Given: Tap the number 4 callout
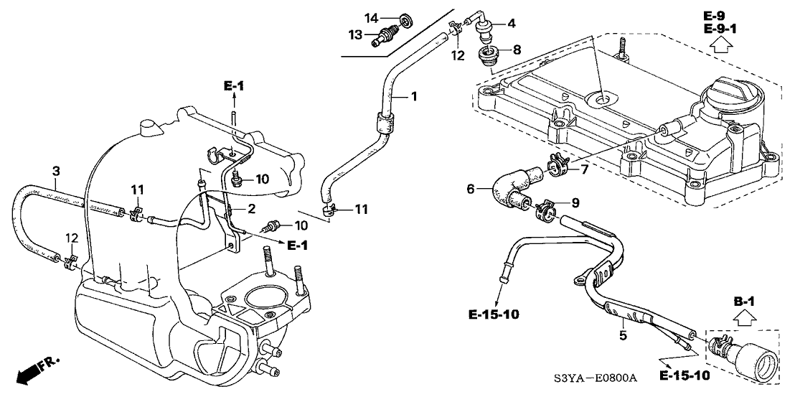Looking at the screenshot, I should click(512, 24).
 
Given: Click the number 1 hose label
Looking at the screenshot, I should click(413, 95).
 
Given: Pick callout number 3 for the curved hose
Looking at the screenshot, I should click(56, 171).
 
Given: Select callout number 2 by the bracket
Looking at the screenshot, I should click(251, 209).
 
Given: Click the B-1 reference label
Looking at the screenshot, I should click(743, 301).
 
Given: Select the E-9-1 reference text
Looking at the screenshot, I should click(722, 28).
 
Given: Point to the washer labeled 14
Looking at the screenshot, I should click(407, 17).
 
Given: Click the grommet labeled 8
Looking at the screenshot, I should click(489, 55).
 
